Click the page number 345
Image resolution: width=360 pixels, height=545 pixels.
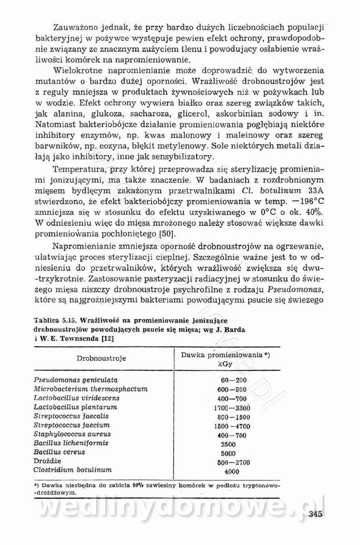click(315, 514)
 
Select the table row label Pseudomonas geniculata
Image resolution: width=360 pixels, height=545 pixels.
click(76, 380)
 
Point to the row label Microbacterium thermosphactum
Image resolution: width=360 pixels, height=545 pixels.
click(91, 389)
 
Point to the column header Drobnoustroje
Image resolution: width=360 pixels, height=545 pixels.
click(101, 358)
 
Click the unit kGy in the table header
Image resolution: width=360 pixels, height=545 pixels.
click(226, 364)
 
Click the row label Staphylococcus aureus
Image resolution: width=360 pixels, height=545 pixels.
click(72, 434)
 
